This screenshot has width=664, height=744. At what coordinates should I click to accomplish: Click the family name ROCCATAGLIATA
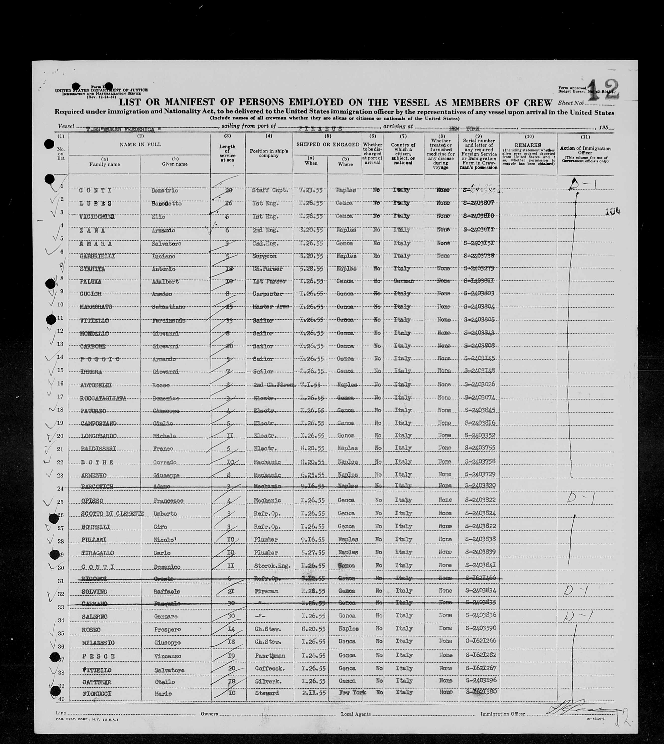[103, 398]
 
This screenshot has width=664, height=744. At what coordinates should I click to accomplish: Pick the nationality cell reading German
[403, 281]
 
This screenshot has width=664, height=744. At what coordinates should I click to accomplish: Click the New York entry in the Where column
[352, 692]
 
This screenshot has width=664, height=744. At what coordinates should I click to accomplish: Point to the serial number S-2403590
[479, 628]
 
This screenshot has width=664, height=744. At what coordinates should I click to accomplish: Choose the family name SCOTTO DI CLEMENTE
[112, 513]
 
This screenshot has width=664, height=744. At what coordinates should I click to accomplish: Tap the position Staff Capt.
[267, 190]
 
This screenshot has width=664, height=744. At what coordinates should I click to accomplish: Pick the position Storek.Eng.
[269, 566]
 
